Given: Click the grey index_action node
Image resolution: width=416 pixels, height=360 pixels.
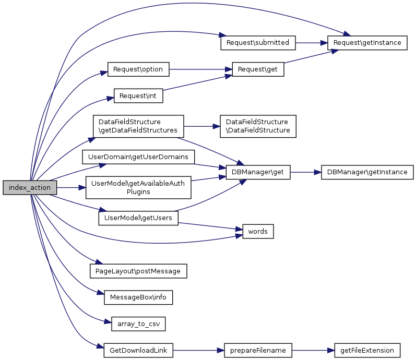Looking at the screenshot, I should [30, 188].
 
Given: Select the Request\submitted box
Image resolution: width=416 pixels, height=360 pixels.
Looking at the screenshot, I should [258, 43].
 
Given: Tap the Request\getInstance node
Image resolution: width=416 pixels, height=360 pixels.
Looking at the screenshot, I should [367, 43].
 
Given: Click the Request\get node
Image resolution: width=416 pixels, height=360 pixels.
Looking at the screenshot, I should [258, 69].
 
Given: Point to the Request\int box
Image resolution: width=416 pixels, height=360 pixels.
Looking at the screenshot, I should [138, 96].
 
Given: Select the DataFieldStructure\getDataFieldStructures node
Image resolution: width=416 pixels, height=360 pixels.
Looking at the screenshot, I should [138, 126].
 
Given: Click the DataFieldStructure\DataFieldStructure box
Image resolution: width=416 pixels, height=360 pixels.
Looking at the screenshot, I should [258, 126].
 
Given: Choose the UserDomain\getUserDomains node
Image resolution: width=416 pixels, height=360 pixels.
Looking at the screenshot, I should [138, 157].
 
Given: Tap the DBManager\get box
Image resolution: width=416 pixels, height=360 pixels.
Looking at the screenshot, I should [258, 172].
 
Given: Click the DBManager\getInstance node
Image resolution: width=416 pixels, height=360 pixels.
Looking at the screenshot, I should [367, 172].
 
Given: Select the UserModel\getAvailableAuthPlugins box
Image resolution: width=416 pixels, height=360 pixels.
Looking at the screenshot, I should [138, 187].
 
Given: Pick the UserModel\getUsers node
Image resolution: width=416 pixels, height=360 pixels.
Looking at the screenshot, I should [138, 218].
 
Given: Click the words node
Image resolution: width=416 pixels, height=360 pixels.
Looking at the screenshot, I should [258, 231].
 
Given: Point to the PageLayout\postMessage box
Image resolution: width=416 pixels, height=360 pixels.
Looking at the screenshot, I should [138, 271].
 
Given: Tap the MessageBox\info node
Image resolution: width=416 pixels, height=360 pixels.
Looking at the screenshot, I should [138, 298].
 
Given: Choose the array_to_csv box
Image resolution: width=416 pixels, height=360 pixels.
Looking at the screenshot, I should [138, 324].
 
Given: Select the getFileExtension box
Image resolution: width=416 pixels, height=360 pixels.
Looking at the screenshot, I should [367, 351].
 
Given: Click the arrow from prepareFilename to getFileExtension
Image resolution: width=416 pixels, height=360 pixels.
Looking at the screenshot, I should [311, 351].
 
